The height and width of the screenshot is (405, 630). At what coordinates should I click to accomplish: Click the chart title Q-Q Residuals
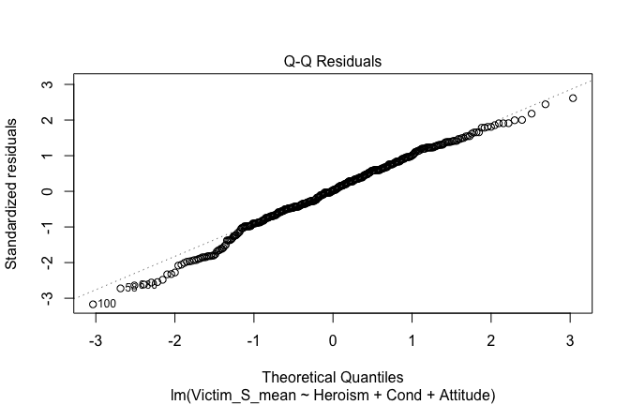coord(333,62)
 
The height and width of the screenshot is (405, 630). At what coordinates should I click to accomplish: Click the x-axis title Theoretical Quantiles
coord(333,376)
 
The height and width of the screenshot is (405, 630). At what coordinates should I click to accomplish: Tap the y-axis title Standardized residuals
coord(12,193)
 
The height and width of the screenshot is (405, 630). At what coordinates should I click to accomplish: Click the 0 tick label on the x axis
coord(334,339)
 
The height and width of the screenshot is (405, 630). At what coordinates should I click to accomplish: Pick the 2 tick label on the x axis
coord(493,339)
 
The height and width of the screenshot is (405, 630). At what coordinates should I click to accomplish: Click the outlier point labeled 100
coord(92,304)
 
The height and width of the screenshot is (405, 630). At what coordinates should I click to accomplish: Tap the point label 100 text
coord(107,304)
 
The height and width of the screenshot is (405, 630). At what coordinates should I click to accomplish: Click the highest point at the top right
coord(573,98)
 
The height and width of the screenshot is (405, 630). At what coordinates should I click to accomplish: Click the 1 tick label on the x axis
coord(413,339)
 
